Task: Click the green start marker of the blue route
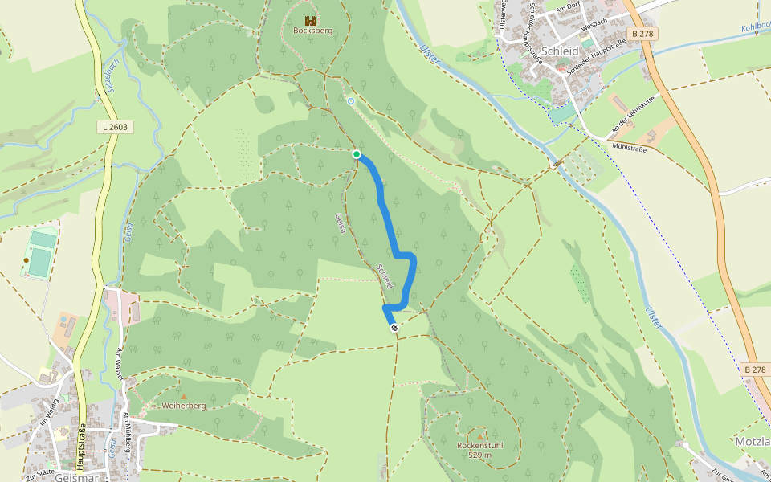click(357, 154)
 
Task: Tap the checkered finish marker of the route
click(394, 327)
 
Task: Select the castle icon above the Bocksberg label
click(311, 20)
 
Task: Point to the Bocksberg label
click(312, 31)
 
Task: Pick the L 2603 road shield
click(116, 127)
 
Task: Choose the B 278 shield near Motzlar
click(756, 370)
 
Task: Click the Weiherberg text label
click(184, 406)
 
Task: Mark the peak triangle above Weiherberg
click(184, 396)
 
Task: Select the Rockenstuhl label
click(479, 445)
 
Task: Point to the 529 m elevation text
click(480, 455)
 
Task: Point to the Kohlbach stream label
click(755, 27)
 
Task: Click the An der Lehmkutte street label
click(633, 112)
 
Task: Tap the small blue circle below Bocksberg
click(350, 101)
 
